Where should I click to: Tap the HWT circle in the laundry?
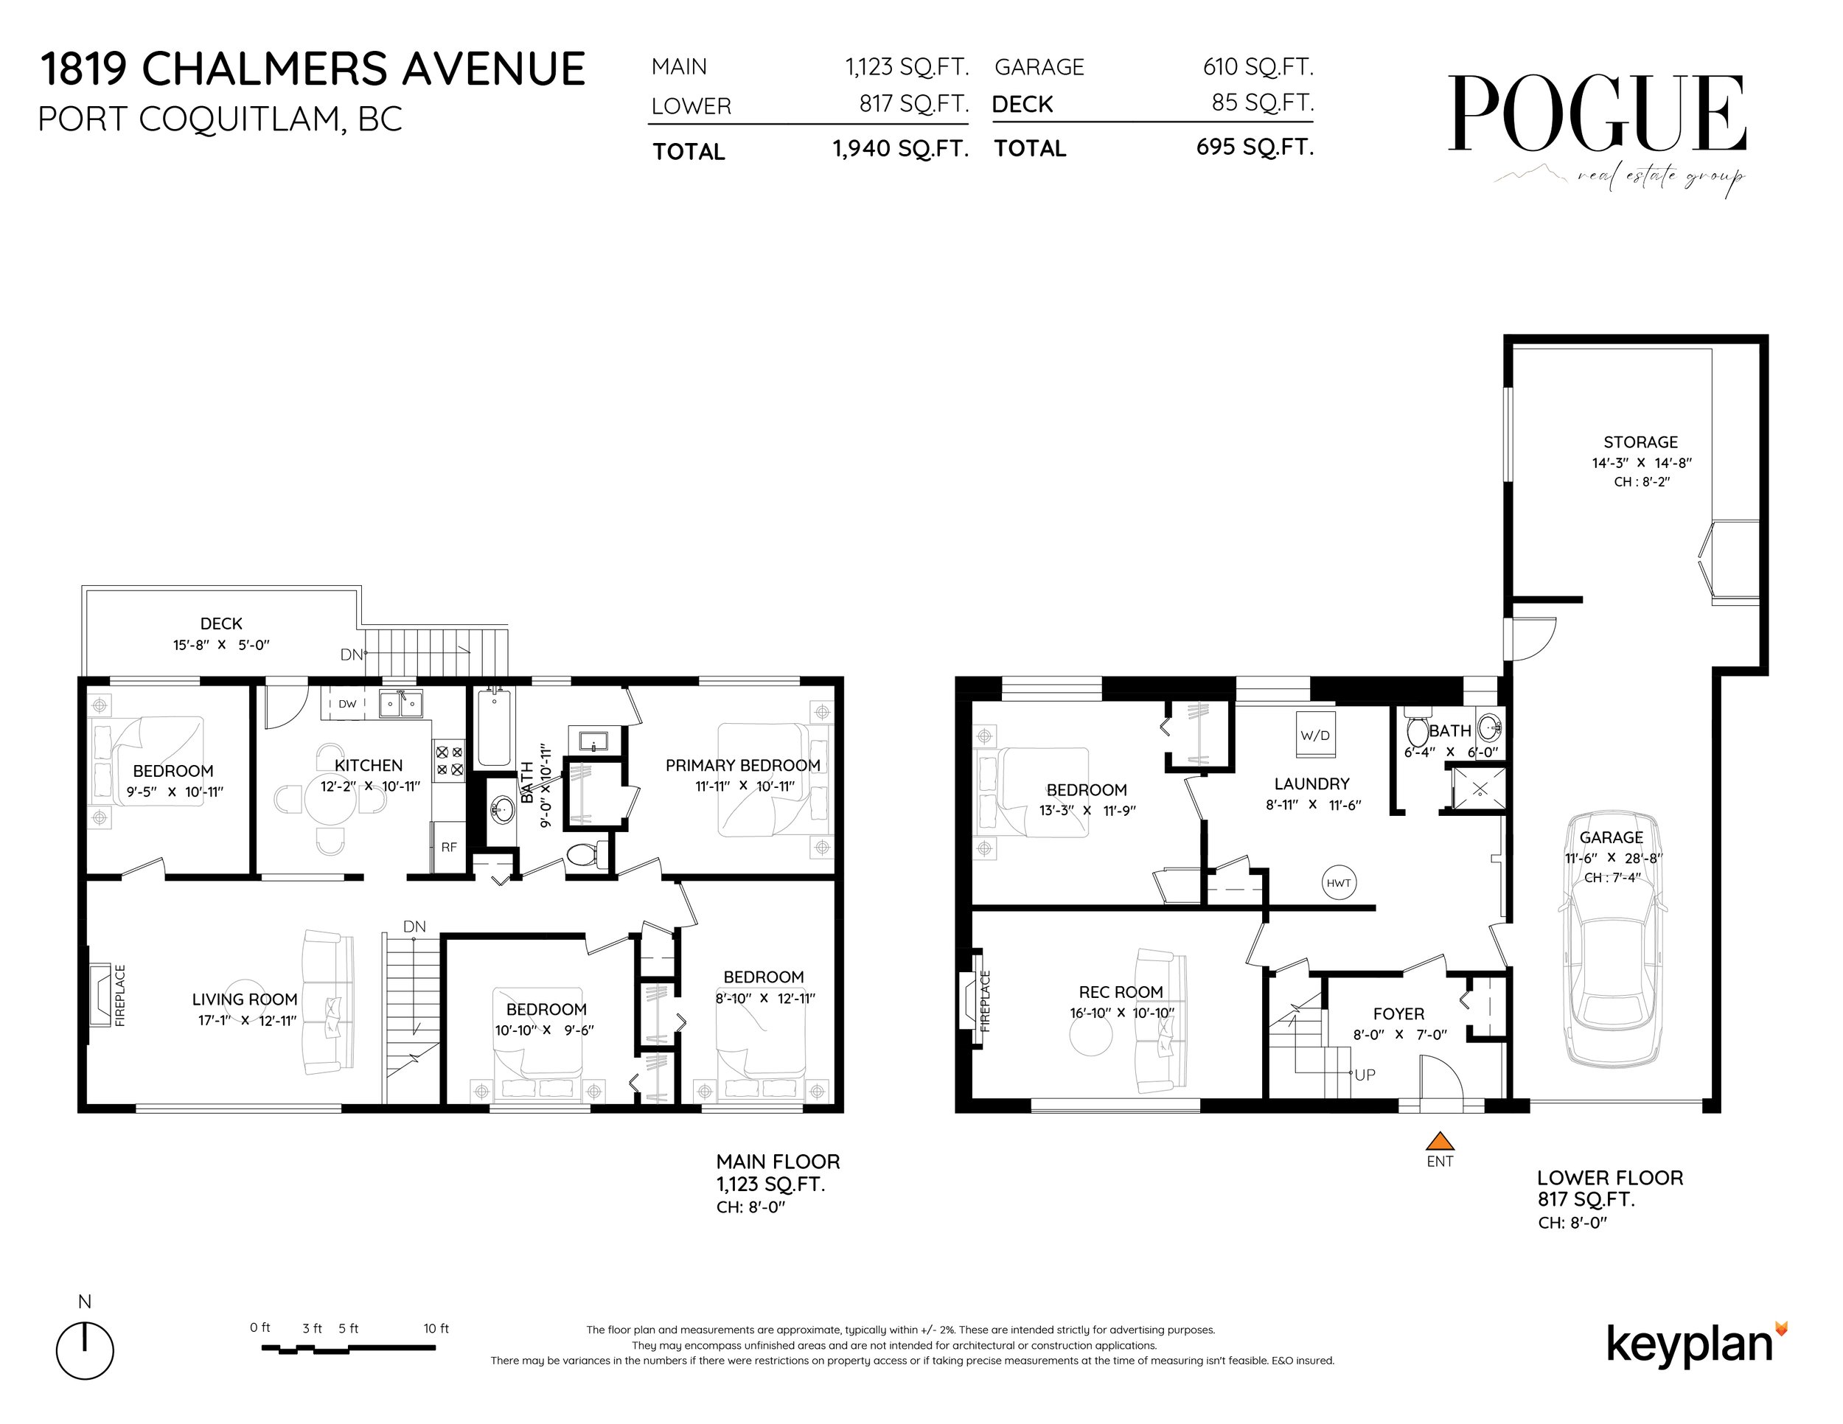point(1338,883)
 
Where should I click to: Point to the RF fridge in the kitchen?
point(448,846)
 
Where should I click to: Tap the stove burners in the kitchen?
point(449,758)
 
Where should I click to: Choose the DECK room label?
point(221,624)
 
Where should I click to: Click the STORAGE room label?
point(1640,442)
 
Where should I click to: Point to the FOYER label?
point(1398,1014)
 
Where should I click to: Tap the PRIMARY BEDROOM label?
point(742,765)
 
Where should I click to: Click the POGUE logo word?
point(1597,114)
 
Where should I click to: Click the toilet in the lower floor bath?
point(1417,730)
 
